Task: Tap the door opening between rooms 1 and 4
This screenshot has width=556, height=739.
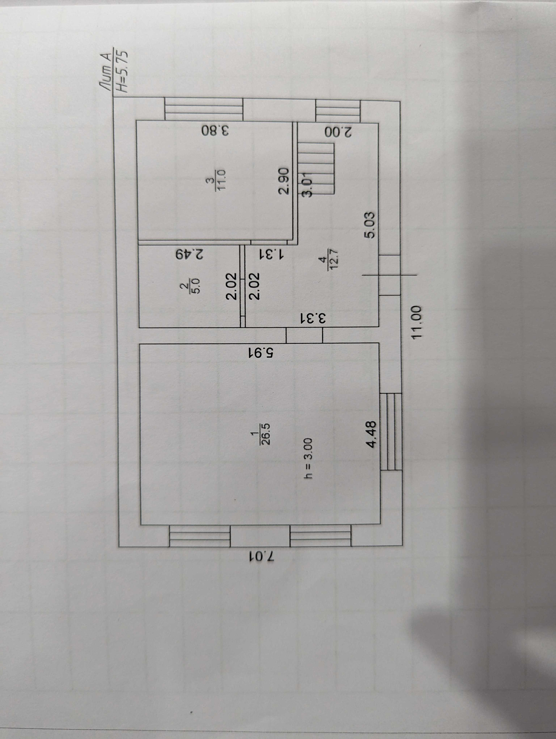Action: [304, 335]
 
